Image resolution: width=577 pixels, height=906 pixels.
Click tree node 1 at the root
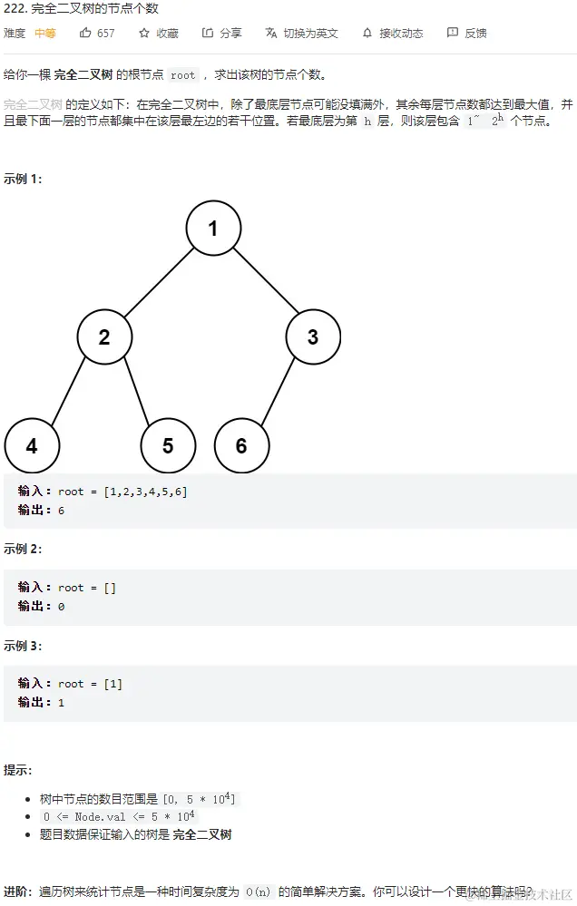pos(213,228)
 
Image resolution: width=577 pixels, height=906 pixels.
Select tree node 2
pos(104,337)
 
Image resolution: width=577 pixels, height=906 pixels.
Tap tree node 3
pos(313,337)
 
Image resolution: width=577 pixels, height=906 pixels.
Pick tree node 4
pos(32,445)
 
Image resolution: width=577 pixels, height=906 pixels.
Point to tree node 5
pos(168,445)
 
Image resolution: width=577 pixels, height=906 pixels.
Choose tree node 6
pos(241,445)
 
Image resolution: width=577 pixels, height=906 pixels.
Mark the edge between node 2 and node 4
pos(67,392)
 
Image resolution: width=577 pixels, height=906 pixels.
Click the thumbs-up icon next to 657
pos(85,33)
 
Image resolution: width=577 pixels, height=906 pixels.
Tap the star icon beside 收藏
pos(143,33)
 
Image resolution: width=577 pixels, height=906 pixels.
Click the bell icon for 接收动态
pos(367,33)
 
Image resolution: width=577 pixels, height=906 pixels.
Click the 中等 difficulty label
pos(45,33)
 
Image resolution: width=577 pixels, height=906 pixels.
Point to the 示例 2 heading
pos(23,549)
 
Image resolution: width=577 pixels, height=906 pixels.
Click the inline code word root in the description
pos(182,75)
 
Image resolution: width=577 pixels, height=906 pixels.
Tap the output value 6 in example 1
pos(61,511)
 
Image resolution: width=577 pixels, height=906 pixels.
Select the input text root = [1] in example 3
pos(90,684)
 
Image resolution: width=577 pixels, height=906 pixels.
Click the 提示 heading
pos(18,770)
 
